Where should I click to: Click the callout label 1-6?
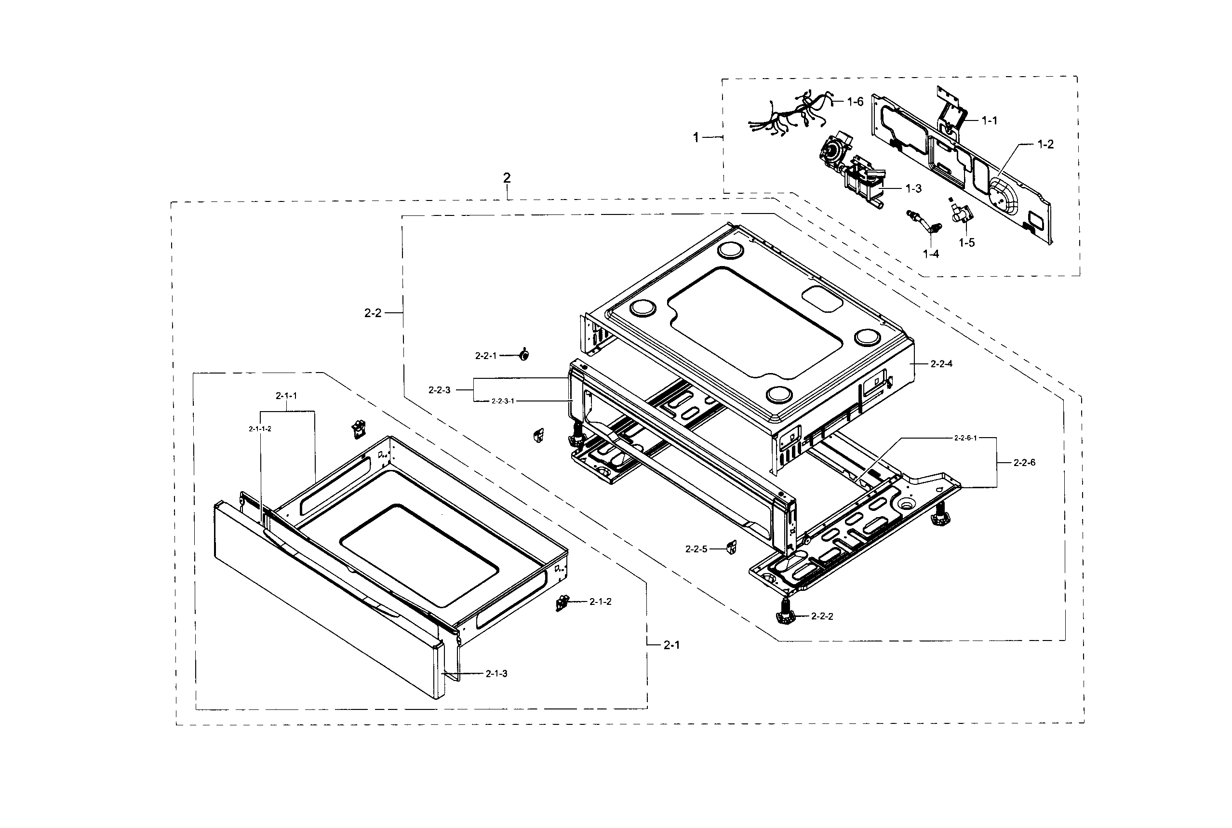pos(855,102)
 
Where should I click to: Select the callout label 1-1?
pos(989,121)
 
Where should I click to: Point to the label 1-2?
pos(1045,145)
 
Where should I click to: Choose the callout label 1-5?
pos(966,243)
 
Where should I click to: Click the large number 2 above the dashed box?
pos(507,178)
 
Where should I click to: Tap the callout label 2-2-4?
pos(941,364)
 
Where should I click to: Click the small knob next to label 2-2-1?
pos(524,355)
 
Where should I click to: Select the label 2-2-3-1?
pos(502,401)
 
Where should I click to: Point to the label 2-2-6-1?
pos(965,438)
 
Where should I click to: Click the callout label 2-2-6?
pos(1024,463)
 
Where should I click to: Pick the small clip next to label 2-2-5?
pos(731,548)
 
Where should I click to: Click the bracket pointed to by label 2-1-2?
pos(562,602)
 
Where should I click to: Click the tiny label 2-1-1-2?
pos(260,429)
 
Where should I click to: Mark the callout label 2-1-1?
pos(286,396)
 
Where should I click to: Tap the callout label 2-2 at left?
pos(373,313)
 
